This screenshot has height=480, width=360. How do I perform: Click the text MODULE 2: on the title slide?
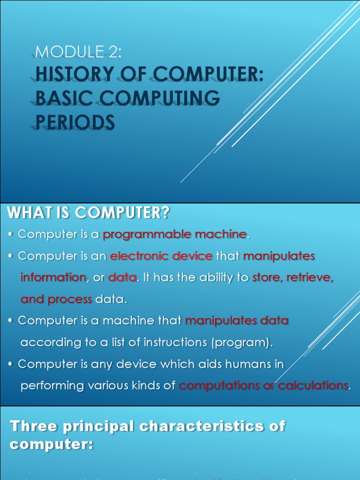[78, 52]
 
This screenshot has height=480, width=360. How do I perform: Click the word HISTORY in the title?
[75, 75]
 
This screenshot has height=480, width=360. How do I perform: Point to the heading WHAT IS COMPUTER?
[88, 214]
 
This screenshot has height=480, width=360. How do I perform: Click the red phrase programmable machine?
[174, 234]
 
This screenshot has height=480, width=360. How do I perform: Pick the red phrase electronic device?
[161, 256]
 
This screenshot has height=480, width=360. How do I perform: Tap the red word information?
[53, 277]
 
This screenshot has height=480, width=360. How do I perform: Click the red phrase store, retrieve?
[293, 277]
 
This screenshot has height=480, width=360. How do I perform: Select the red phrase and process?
[56, 299]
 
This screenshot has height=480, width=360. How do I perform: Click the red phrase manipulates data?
[237, 321]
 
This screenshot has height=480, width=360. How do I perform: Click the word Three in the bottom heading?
[33, 427]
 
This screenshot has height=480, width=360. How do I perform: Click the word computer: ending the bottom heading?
[52, 444]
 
